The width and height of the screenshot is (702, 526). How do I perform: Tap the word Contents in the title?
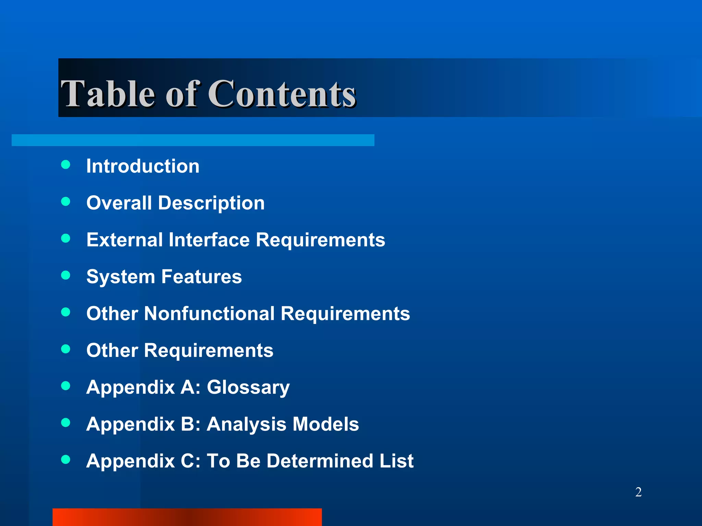point(282,93)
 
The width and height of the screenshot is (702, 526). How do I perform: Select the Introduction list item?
point(143,166)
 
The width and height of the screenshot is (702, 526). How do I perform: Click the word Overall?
point(119,203)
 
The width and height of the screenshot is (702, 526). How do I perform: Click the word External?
point(124,240)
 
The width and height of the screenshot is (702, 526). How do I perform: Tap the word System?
point(121,277)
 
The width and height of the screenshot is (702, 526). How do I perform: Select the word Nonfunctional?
point(209,313)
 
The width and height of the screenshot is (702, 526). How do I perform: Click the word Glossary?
point(248,388)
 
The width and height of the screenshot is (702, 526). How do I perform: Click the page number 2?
point(638,492)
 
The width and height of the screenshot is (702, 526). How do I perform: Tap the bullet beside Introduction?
point(65,165)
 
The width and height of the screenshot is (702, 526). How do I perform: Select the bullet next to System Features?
point(65,275)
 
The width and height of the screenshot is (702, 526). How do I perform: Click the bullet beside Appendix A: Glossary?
point(65,386)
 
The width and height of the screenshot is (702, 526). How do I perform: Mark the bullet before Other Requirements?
point(65,349)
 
